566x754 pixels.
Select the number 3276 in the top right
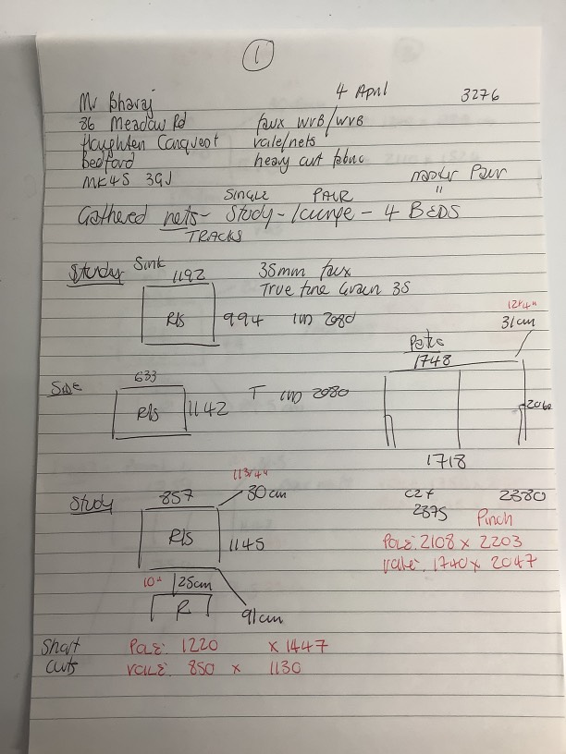(x=479, y=96)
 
